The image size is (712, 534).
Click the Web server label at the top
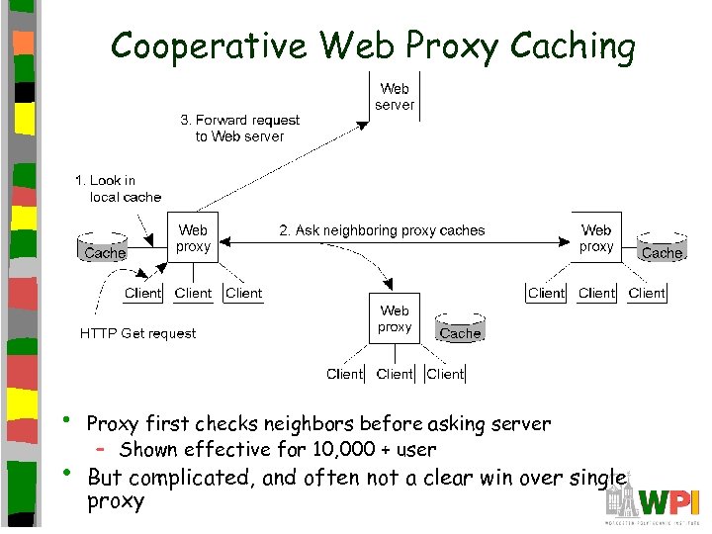395,96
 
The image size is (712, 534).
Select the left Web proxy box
193,238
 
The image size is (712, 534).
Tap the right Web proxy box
596,238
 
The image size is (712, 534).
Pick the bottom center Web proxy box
395,318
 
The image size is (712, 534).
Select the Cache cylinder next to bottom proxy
460,331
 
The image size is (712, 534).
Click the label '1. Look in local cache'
118,188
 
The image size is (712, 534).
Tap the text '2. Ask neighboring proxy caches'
382,230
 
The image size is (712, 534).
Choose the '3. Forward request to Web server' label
239,128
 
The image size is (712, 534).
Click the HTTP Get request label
137,333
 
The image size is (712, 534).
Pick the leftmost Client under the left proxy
143,293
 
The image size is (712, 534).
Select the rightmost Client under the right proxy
647,293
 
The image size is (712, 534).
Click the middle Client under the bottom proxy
395,374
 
